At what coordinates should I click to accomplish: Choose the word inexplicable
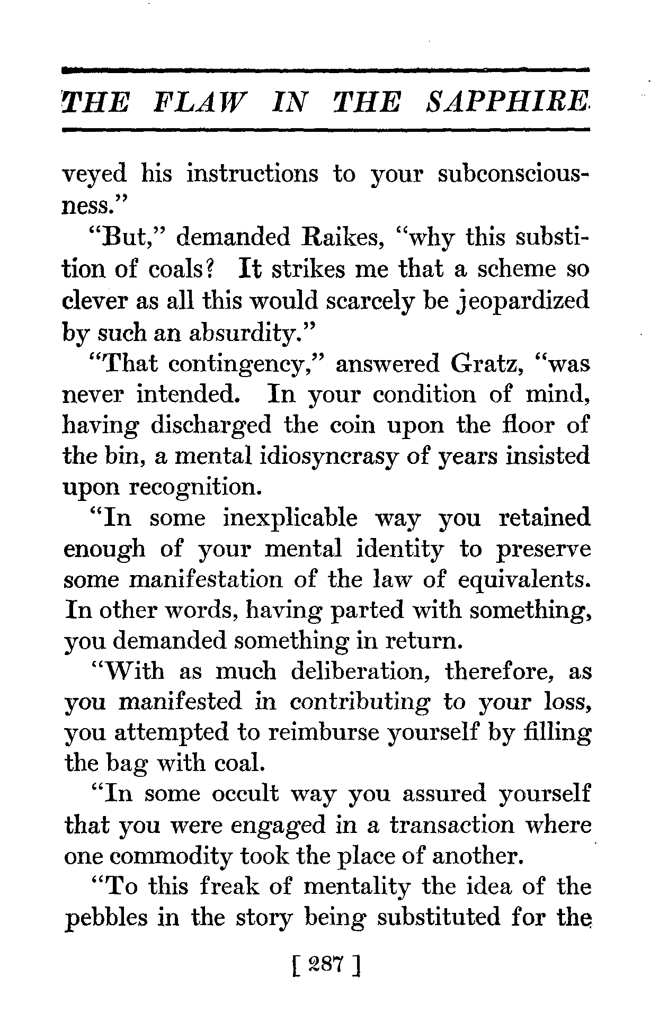click(290, 518)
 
